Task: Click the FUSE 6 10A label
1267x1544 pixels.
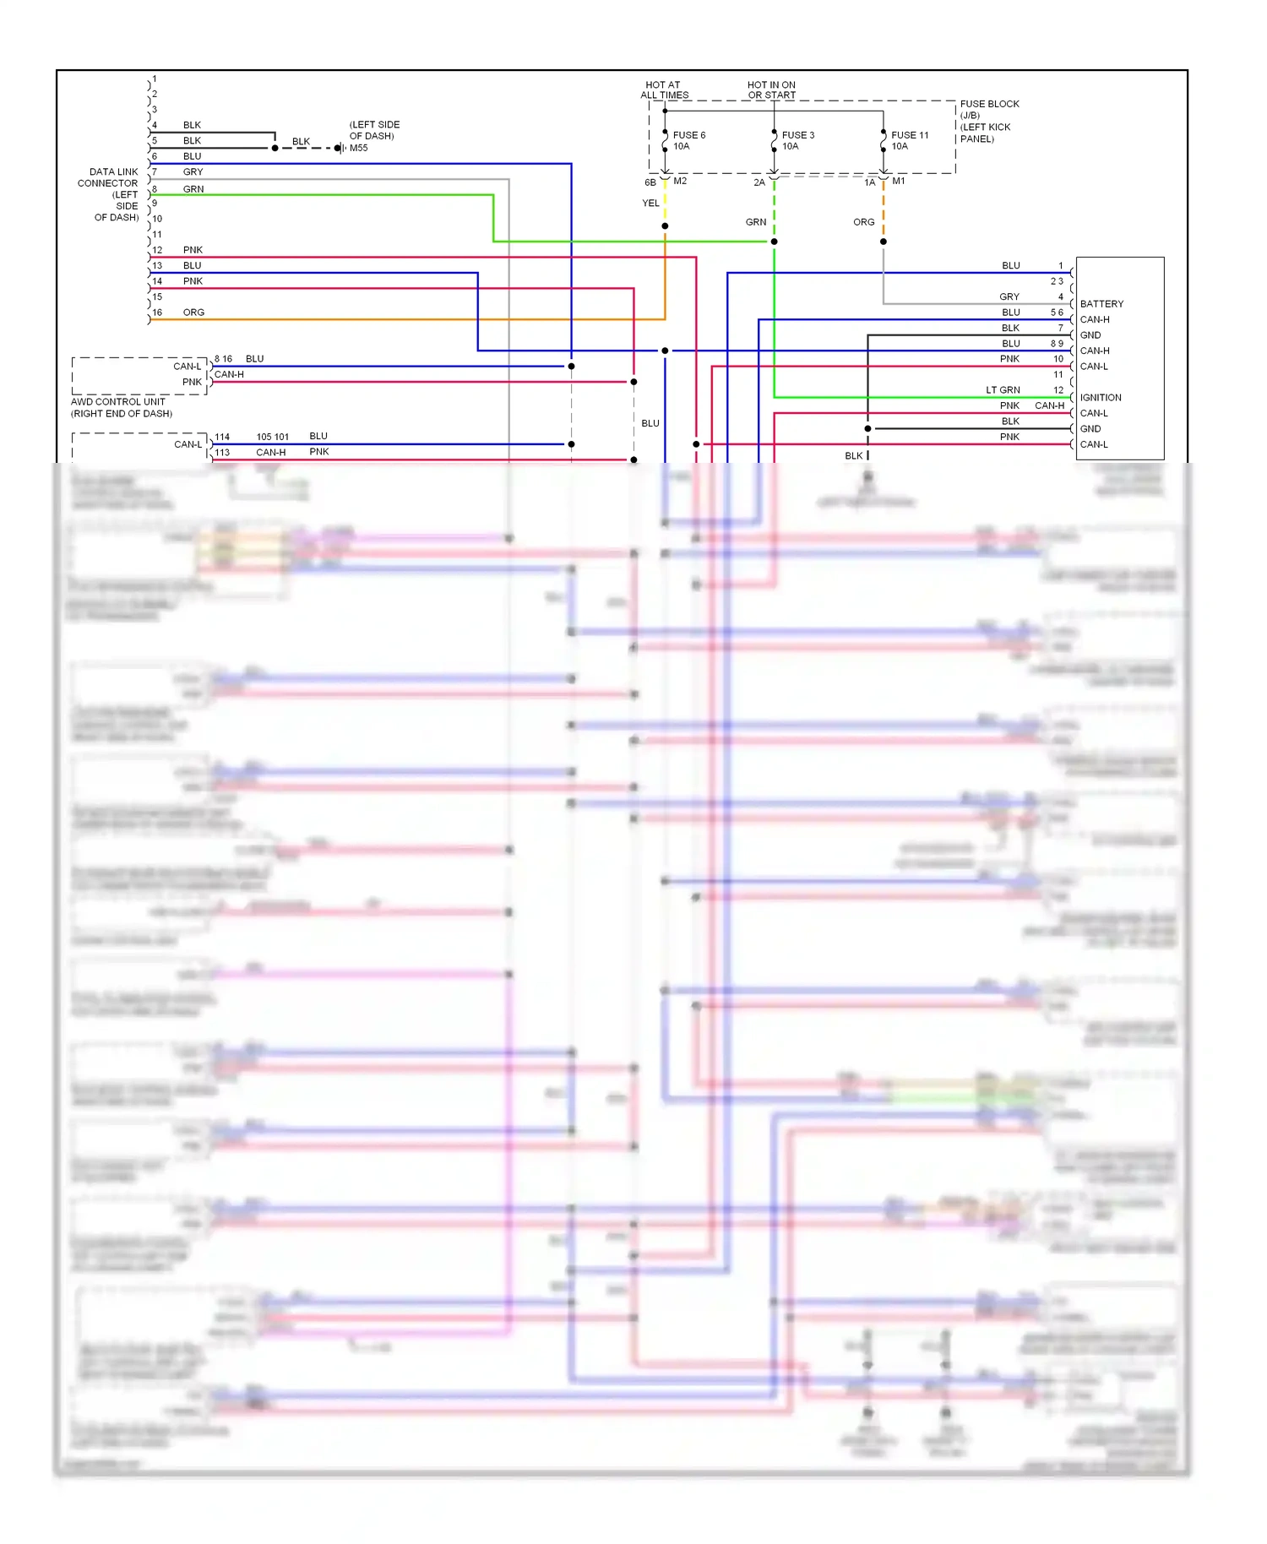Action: click(x=688, y=140)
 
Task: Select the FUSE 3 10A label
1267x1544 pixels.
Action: click(x=797, y=140)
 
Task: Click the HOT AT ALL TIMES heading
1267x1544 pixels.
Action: click(x=664, y=90)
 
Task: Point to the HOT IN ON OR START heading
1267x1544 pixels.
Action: click(x=770, y=90)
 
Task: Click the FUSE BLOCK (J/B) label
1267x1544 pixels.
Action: click(x=988, y=109)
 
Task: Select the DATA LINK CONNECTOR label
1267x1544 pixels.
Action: click(x=108, y=177)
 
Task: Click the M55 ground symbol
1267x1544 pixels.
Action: click(x=340, y=148)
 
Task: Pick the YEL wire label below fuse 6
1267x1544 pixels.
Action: click(x=650, y=203)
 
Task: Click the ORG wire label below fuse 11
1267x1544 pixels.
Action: click(x=863, y=222)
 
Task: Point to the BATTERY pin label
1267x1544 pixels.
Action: click(x=1101, y=304)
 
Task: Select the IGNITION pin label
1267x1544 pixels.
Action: click(x=1100, y=398)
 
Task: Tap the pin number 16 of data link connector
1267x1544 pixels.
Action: click(x=157, y=313)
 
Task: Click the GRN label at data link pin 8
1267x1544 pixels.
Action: click(x=193, y=189)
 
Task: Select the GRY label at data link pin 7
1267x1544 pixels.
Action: click(x=193, y=172)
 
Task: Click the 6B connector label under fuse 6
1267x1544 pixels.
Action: click(x=650, y=182)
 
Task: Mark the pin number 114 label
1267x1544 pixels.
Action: click(x=221, y=437)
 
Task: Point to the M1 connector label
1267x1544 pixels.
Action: click(x=898, y=181)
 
